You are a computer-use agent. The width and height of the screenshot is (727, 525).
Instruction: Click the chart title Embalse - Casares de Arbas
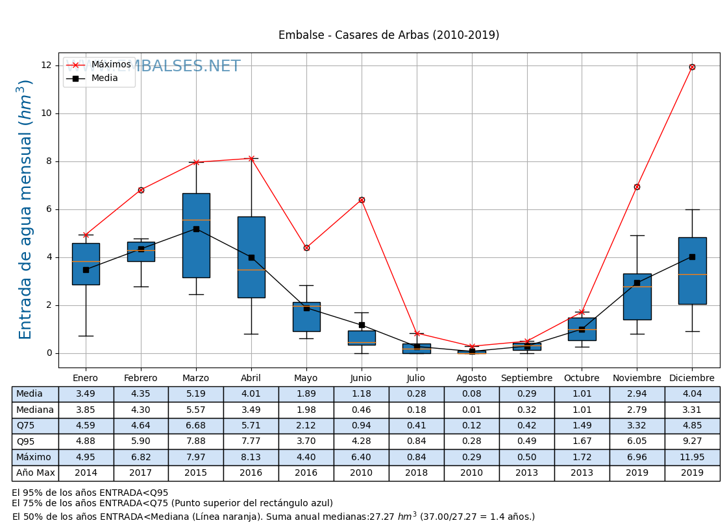tap(389, 36)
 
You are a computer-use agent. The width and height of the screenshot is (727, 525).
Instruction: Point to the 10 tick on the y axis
tap(46, 113)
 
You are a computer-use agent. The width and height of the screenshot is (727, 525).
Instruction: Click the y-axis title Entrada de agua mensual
tap(25, 209)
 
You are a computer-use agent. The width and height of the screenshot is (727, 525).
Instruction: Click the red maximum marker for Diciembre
tap(692, 67)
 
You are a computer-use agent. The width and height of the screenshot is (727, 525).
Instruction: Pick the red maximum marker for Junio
tap(362, 200)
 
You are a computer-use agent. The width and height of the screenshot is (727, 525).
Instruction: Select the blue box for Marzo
tap(196, 235)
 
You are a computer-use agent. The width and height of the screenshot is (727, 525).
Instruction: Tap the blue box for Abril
tap(251, 257)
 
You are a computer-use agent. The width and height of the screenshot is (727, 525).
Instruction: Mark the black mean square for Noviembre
tap(637, 283)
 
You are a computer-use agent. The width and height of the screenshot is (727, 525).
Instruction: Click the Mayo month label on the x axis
tap(306, 379)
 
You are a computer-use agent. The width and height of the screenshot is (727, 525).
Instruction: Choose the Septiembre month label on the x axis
tap(526, 379)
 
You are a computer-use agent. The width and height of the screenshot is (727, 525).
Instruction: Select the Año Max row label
tap(35, 473)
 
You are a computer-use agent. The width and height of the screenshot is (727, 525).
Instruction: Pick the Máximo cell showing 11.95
tap(692, 458)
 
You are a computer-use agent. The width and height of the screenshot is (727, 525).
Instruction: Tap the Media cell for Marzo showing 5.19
tap(196, 394)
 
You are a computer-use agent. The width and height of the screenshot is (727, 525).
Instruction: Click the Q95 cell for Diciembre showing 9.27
tap(692, 442)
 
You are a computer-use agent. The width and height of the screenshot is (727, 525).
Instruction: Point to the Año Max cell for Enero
tap(86, 473)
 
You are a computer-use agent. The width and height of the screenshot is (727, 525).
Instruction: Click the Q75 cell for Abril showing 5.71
tap(251, 426)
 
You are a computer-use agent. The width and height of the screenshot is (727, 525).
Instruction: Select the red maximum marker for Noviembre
tap(637, 187)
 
